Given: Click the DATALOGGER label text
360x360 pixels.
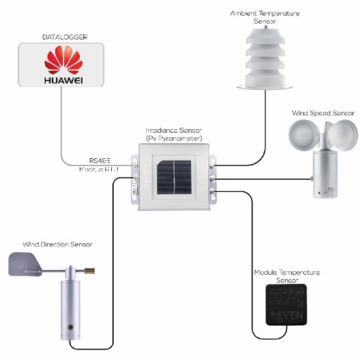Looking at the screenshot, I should (x=65, y=37).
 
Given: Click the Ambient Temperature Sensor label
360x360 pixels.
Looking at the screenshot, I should (x=265, y=17).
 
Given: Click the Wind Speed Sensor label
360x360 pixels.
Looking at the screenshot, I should (x=323, y=112).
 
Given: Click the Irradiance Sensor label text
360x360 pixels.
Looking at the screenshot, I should (x=174, y=134).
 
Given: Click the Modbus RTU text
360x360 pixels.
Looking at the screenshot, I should (x=99, y=170).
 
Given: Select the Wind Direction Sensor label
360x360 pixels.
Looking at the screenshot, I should (x=58, y=244).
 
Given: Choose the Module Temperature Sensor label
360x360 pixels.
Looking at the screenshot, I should (x=287, y=276).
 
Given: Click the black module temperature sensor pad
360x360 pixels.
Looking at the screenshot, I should (x=287, y=305).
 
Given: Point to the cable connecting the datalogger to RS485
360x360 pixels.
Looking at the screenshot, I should (x=62, y=125).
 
